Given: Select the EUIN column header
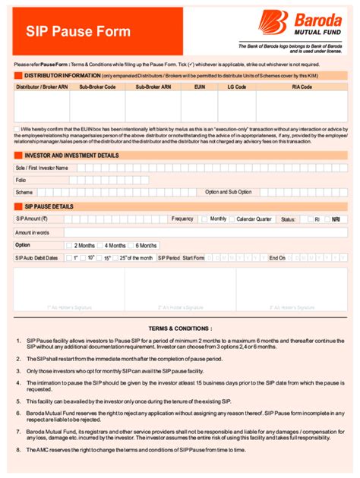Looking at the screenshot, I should click(x=199, y=87).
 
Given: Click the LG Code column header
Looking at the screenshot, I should click(x=237, y=87).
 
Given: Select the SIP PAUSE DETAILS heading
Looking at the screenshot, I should click(x=49, y=206).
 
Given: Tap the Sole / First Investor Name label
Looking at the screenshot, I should click(x=42, y=168).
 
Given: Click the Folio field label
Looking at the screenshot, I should click(x=21, y=180).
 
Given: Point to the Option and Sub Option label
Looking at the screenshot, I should click(x=228, y=192).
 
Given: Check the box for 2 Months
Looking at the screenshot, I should click(x=69, y=246).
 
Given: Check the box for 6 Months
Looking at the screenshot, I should click(x=131, y=246).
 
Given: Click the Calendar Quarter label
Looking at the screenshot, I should click(x=254, y=219).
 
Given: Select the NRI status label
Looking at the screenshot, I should click(x=336, y=219).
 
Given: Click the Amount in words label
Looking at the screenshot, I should click(x=32, y=232).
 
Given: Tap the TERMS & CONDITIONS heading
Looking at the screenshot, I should click(x=180, y=329).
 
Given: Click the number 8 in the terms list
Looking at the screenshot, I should click(x=17, y=451).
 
